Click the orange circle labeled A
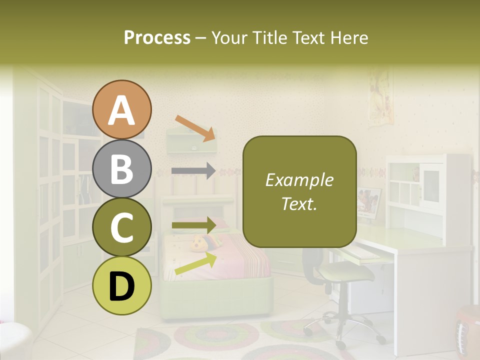[x=121, y=109]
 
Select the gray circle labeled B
[x=121, y=168]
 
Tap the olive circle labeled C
[x=121, y=227]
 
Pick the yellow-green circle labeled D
[x=121, y=285]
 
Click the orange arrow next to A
[x=195, y=128]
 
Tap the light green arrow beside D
[x=195, y=264]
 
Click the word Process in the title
[x=157, y=38]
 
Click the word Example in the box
[x=299, y=180]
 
